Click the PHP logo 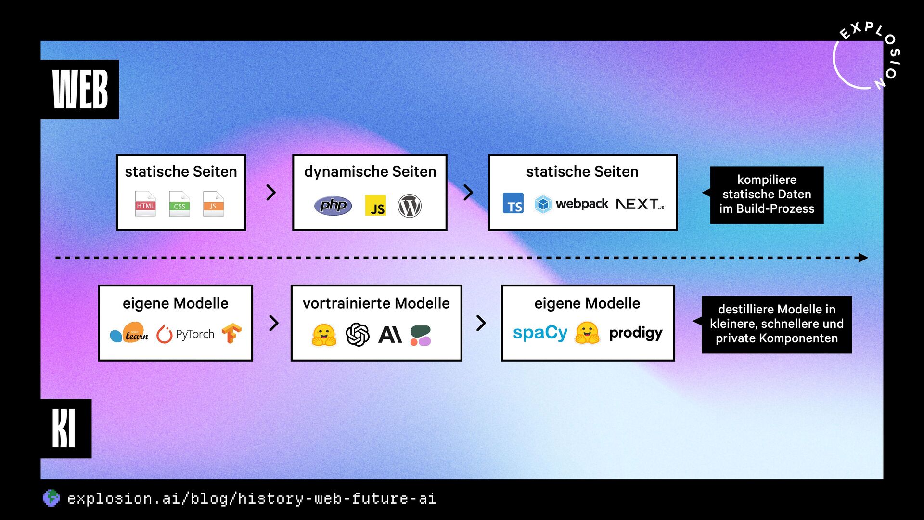point(333,206)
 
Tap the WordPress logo point(410,206)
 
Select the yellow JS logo point(375,206)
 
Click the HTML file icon point(145,204)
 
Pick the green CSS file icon point(180,204)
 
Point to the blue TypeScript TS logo point(513,204)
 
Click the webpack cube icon point(543,204)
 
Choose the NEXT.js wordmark point(640,204)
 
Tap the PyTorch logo point(185,334)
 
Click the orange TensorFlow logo point(231,333)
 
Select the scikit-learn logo point(129,333)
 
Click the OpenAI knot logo point(358,335)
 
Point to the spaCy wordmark point(540,333)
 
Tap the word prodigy point(636,333)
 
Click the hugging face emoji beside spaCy point(587,333)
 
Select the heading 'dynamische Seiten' point(370,171)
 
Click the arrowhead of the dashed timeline point(863,258)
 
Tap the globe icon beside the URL point(51,498)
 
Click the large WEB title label point(80,89)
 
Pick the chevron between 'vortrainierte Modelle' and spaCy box point(481,323)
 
